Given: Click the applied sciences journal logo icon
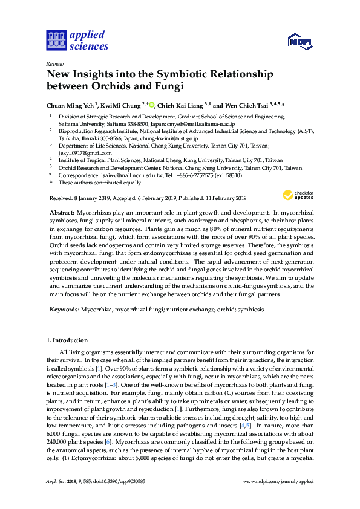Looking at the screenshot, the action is [x=56, y=40].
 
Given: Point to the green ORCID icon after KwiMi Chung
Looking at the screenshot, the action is [x=150, y=103].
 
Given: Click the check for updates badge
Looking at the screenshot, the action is [x=298, y=195].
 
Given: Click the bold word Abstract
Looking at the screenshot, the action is [x=61, y=213].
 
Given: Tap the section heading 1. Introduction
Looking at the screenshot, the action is [x=67, y=340].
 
